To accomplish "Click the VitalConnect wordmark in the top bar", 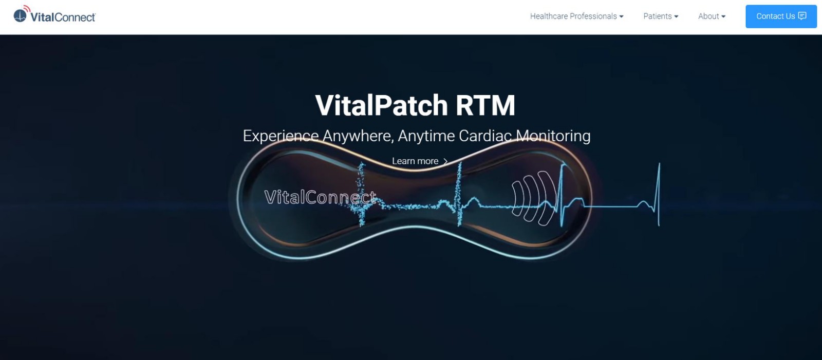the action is coord(63,17).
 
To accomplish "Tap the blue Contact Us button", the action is coord(781,16).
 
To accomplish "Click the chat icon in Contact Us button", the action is coord(802,16).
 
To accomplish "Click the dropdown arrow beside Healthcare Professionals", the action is coord(621,16).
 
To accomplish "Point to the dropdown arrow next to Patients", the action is coord(676,16).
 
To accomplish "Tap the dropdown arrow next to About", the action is coord(723,16).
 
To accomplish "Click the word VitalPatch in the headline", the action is coord(381,105).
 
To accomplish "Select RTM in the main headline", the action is coord(485,105).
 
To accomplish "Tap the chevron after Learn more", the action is coord(445,161).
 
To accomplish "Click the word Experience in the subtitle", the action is coord(281,136).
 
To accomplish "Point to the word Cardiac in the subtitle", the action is coord(485,136).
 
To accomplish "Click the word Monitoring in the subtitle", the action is coord(553,136).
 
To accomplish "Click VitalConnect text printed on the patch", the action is coord(320,197).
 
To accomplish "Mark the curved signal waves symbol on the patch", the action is coord(534,198).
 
